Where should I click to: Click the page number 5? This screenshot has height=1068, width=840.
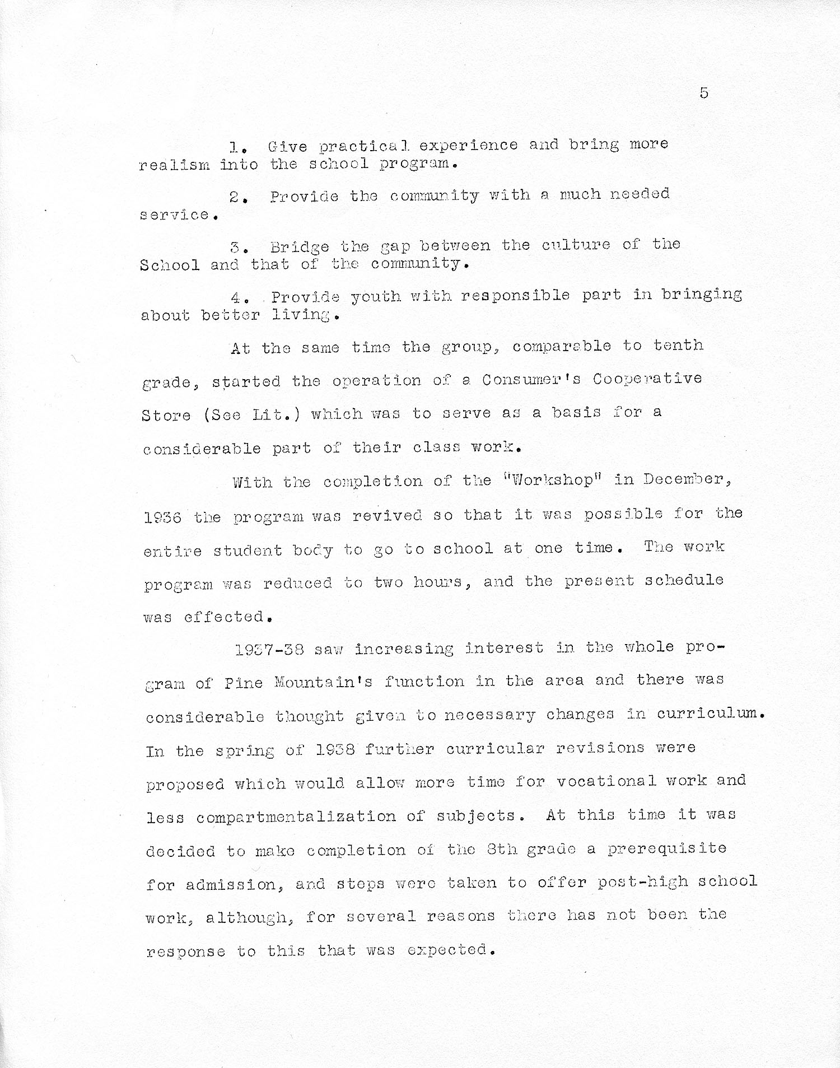pos(704,93)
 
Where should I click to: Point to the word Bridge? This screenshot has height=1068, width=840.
pos(300,248)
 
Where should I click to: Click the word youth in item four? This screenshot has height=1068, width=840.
pos(376,296)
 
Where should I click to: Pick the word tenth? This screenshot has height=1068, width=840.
pos(678,345)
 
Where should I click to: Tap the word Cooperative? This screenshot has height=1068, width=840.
pos(647,379)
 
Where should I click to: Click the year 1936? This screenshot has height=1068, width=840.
pos(162,517)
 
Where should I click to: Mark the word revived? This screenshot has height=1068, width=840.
pos(387,515)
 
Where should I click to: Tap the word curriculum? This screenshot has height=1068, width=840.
pos(710,714)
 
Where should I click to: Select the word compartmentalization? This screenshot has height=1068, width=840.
pos(296,817)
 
